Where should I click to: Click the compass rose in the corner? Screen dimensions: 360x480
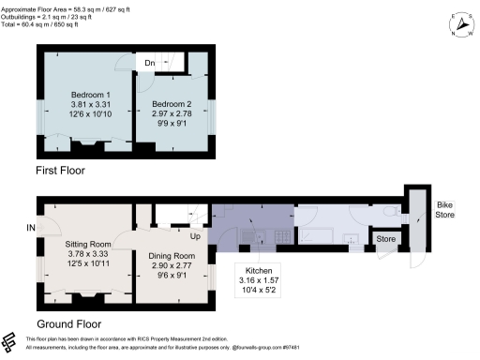click(459, 24)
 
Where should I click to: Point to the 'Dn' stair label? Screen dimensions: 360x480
click(149, 63)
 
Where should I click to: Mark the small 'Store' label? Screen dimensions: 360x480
click(386, 240)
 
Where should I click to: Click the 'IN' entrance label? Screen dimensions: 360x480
click(31, 228)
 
